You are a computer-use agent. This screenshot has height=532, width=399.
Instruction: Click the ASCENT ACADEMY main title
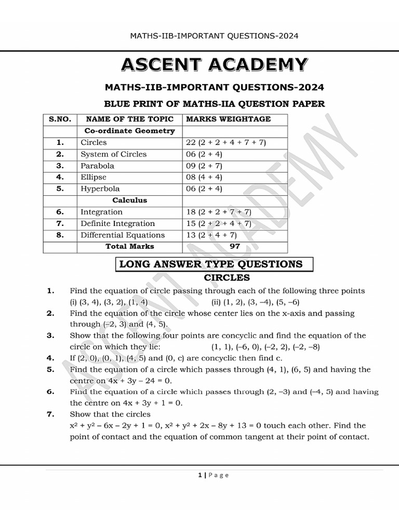click(214, 64)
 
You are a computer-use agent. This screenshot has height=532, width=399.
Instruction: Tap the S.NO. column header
click(60, 119)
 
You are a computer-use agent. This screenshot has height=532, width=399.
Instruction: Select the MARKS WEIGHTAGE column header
click(228, 119)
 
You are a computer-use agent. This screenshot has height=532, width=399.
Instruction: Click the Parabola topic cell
click(97, 166)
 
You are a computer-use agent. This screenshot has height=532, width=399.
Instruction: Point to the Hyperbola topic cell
click(100, 189)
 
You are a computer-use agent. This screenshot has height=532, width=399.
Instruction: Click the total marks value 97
click(235, 246)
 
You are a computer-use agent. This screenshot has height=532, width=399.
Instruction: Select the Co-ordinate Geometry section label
click(129, 131)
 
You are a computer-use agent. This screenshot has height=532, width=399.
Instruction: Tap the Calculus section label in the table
click(129, 200)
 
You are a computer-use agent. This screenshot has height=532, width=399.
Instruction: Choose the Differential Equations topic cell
click(123, 235)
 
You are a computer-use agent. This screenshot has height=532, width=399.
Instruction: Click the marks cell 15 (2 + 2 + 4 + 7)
click(218, 223)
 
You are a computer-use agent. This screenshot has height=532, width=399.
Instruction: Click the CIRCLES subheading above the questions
click(227, 278)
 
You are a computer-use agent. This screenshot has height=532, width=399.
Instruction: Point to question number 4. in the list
click(50, 358)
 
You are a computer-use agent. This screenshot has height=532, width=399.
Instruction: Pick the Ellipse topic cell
click(94, 177)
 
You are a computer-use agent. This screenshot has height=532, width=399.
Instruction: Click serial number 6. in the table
click(60, 212)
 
